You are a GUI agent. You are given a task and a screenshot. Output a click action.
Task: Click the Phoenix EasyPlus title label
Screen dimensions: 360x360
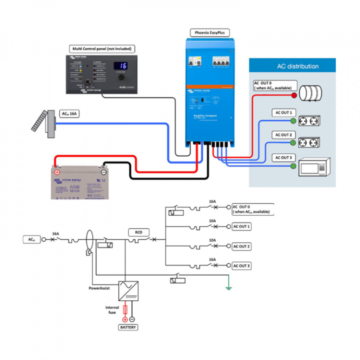(210, 33)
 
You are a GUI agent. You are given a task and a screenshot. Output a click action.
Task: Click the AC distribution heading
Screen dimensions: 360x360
(297, 66)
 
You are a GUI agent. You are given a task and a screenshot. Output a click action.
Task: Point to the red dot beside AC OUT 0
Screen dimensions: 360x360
(294, 94)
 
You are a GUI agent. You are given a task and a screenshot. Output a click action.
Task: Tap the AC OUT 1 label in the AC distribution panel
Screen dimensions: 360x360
(283, 112)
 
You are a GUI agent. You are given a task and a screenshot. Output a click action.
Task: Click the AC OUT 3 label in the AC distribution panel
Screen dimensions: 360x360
(283, 157)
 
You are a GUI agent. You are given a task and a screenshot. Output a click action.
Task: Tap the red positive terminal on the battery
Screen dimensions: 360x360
(57, 172)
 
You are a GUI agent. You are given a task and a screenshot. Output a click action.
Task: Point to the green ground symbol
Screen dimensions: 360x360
(228, 287)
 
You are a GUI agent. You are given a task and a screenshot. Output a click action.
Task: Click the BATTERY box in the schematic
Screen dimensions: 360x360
(127, 327)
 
